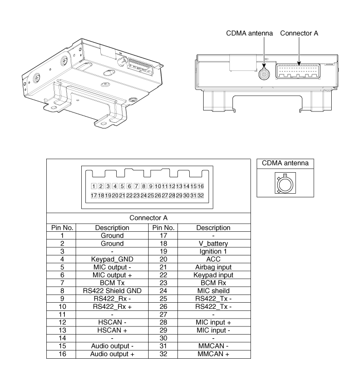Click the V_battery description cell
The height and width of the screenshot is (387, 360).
(213, 244)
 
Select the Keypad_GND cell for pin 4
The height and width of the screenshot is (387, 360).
(112, 259)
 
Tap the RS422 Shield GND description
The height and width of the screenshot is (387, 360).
(112, 291)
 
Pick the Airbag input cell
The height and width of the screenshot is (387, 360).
(213, 267)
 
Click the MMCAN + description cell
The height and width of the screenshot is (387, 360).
(213, 354)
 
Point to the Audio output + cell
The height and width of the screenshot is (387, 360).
(112, 354)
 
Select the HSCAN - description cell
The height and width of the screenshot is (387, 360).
(112, 322)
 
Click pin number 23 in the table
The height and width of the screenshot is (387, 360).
(163, 283)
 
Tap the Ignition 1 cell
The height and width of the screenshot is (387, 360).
(213, 251)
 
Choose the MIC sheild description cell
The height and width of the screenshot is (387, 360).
(213, 291)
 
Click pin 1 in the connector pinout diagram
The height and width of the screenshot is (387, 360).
(94, 186)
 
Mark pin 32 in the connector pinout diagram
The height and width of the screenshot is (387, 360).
(201, 195)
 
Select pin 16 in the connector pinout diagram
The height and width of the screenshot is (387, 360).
(201, 186)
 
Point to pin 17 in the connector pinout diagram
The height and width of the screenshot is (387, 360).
(94, 195)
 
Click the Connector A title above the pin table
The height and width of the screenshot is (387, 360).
(149, 218)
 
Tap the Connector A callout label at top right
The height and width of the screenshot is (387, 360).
(299, 33)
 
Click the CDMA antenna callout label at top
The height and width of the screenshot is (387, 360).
(249, 33)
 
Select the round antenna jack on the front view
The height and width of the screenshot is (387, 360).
(264, 74)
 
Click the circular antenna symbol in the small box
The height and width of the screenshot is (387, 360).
(285, 184)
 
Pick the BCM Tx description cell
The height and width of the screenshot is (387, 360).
(112, 283)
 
